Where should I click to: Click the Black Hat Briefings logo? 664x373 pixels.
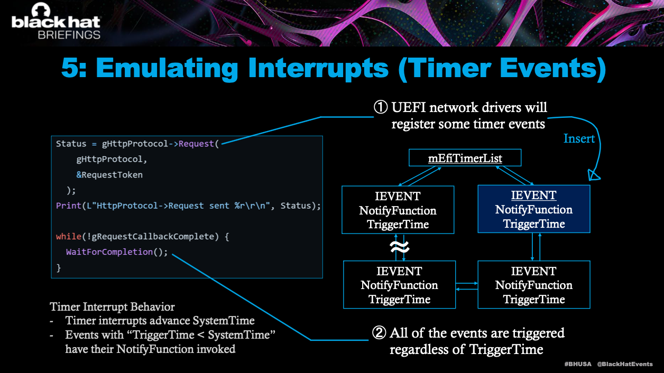click(x=56, y=21)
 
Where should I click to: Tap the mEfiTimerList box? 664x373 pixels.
click(x=465, y=158)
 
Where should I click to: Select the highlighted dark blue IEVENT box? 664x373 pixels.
click(x=534, y=209)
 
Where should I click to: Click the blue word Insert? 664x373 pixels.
click(x=579, y=138)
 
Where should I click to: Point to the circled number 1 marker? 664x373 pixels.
click(x=381, y=107)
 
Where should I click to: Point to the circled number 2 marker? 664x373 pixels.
click(x=379, y=333)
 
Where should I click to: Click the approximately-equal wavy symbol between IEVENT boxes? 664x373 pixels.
click(x=400, y=247)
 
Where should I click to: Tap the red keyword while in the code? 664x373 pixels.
click(x=69, y=236)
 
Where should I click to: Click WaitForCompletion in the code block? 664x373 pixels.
click(x=109, y=252)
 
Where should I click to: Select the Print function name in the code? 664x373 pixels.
click(x=69, y=206)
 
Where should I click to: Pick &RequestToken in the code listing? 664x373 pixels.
click(x=109, y=175)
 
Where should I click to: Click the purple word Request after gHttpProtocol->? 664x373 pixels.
click(x=196, y=144)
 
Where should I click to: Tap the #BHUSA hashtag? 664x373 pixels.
click(x=578, y=364)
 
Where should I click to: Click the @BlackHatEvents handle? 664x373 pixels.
click(x=625, y=364)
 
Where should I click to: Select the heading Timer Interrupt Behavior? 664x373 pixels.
click(x=112, y=307)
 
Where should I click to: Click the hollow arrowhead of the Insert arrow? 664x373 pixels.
click(x=594, y=175)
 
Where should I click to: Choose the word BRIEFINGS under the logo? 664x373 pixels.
click(x=69, y=35)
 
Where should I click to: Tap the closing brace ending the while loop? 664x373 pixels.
click(x=59, y=268)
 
